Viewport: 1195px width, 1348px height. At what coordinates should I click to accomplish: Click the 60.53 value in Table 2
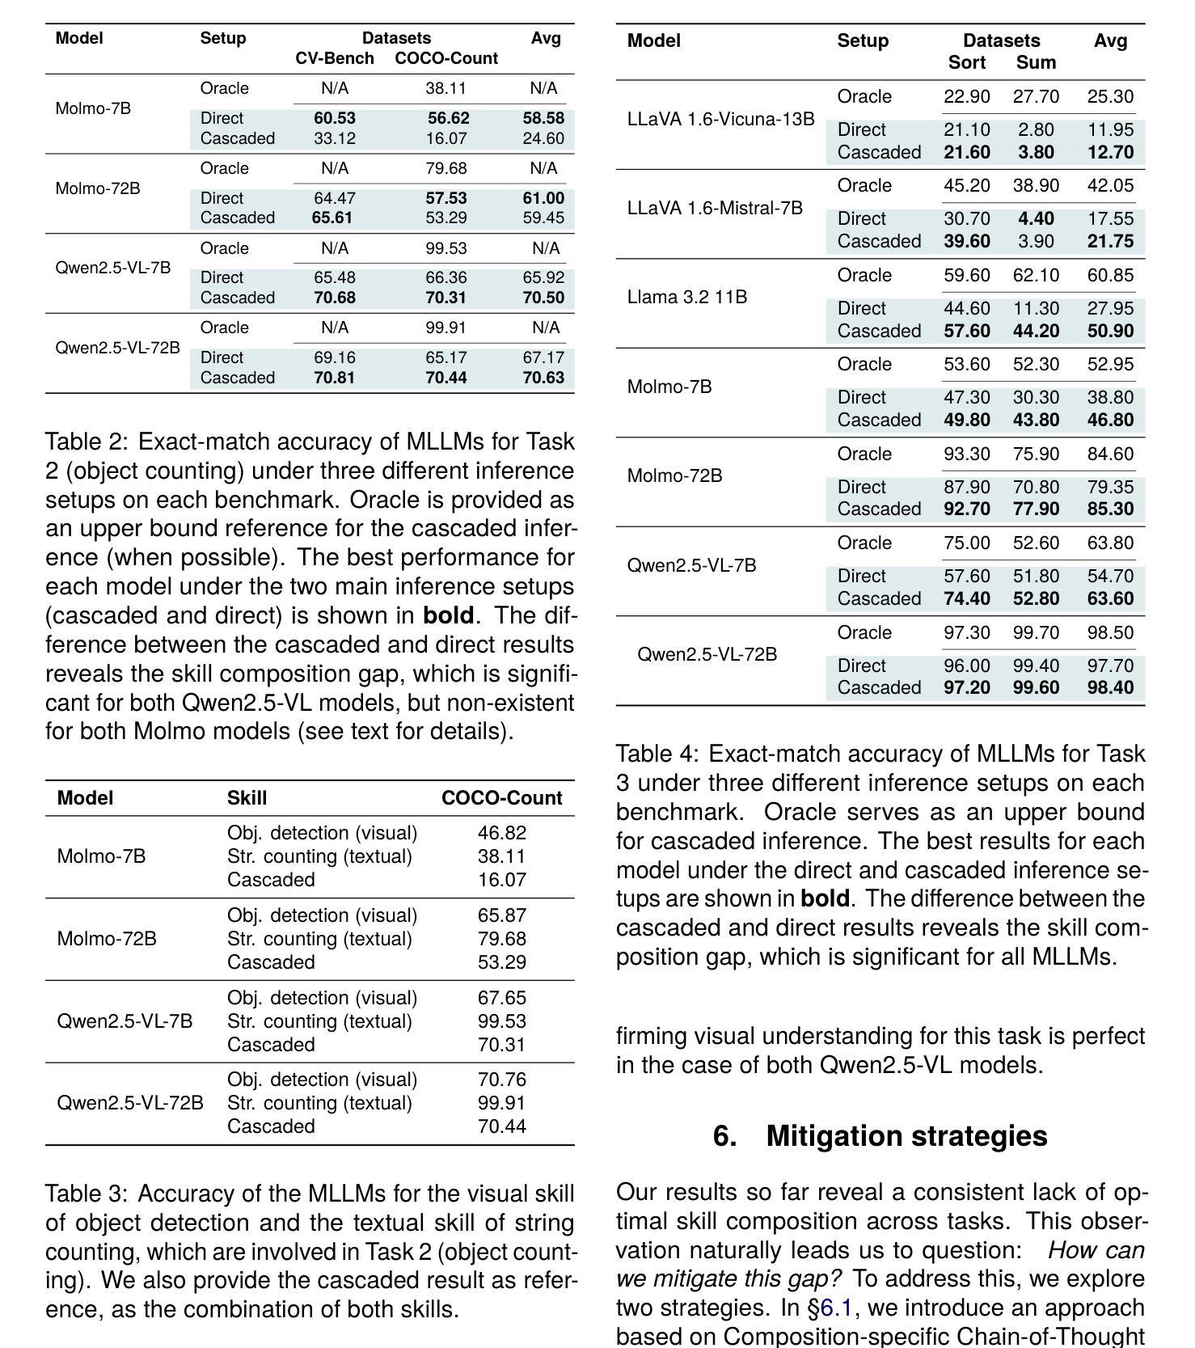pyautogui.click(x=334, y=118)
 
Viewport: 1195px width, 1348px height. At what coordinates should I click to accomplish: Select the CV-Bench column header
pyautogui.click(x=334, y=58)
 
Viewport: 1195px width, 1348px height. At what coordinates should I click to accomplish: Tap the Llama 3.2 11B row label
pyautogui.click(x=686, y=297)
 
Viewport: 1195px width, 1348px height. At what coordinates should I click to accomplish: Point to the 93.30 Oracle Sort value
pyautogui.click(x=966, y=454)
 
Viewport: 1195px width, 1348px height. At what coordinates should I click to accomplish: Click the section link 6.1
pyautogui.click(x=835, y=1308)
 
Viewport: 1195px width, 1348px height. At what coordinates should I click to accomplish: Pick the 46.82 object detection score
pyautogui.click(x=501, y=833)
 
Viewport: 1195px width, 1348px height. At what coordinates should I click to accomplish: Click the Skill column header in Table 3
pyautogui.click(x=247, y=798)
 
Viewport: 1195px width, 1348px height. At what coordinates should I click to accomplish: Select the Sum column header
pyautogui.click(x=1036, y=62)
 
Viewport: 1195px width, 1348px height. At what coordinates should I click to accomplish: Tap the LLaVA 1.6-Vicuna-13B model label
pyautogui.click(x=720, y=119)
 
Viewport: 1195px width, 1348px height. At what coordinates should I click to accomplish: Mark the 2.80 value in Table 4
pyautogui.click(x=1036, y=129)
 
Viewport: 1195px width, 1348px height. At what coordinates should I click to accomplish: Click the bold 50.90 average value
pyautogui.click(x=1110, y=331)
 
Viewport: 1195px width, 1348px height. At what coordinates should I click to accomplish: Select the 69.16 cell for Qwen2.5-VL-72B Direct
pyautogui.click(x=334, y=357)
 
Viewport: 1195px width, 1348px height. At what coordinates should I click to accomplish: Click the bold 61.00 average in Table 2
pyautogui.click(x=543, y=198)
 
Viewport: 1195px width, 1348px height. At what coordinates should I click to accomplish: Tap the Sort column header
pyautogui.click(x=966, y=62)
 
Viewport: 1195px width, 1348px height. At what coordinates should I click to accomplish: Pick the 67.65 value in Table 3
pyautogui.click(x=501, y=998)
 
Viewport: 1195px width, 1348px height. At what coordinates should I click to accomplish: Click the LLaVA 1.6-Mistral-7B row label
pyautogui.click(x=715, y=208)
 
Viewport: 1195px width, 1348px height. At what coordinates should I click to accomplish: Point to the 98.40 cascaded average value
pyautogui.click(x=1110, y=687)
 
